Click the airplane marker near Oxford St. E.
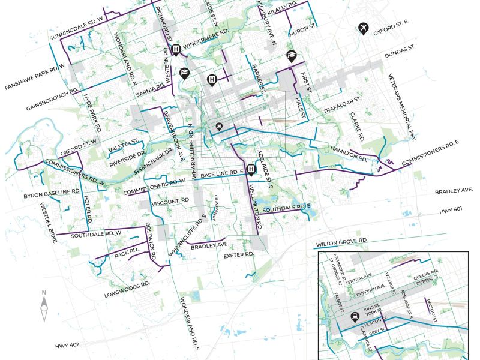pyautogui.click(x=362, y=28)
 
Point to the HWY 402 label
pyautogui.click(x=67, y=345)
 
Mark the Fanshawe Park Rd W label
pyautogui.click(x=34, y=77)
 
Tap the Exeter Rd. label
pyautogui.click(x=239, y=255)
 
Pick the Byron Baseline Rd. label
pyautogui.click(x=52, y=193)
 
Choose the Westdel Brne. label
pyautogui.click(x=49, y=221)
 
